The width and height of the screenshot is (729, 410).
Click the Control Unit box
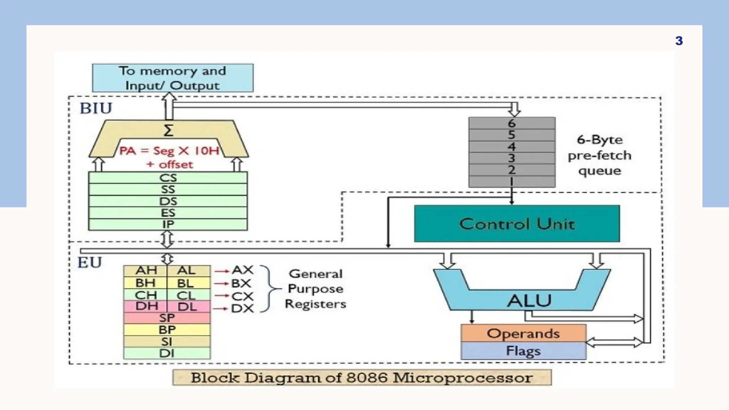click(x=517, y=224)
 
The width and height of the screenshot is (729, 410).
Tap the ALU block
click(x=529, y=300)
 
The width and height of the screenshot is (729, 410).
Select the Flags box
click(x=523, y=351)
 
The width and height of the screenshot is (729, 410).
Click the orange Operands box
click(x=523, y=333)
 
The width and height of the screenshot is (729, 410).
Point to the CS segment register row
click(x=168, y=178)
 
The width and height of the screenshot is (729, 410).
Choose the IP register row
click(x=168, y=224)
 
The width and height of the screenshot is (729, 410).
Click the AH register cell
click(x=146, y=270)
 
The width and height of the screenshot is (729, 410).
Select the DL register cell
click(x=187, y=306)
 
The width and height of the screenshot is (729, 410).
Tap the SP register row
click(x=167, y=318)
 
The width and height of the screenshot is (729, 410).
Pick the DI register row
click(x=167, y=353)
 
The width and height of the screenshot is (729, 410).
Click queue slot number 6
click(x=512, y=123)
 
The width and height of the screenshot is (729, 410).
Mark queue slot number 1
click(x=512, y=181)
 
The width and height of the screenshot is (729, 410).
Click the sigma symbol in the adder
click(x=168, y=130)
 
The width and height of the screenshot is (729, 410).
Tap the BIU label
click(x=96, y=108)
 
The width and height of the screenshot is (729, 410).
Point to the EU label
click(x=90, y=263)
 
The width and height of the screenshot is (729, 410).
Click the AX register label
click(x=242, y=270)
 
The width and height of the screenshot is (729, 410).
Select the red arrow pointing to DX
click(x=221, y=309)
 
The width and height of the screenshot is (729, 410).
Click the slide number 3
click(x=679, y=41)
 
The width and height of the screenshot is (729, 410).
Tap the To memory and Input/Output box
click(x=173, y=78)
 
